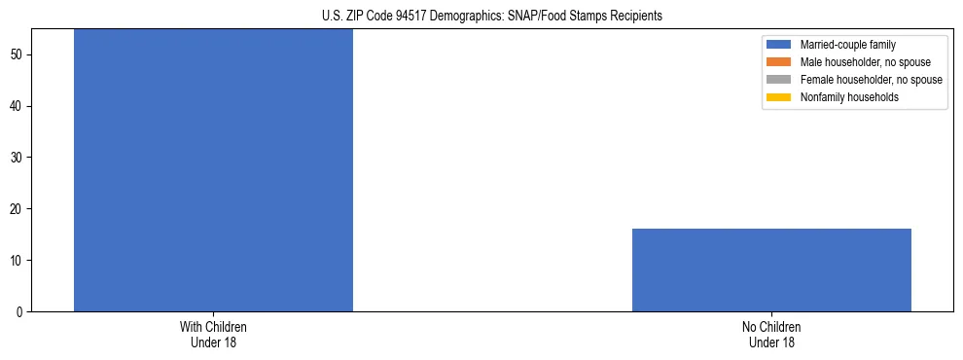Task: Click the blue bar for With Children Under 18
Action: tap(213, 170)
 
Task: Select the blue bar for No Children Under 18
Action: tap(771, 270)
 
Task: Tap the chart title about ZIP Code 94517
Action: tap(491, 16)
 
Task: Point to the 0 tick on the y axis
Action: tap(21, 312)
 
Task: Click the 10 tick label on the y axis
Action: tap(18, 261)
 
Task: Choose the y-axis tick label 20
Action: tap(18, 209)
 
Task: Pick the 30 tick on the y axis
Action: tap(18, 158)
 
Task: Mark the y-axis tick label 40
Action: tap(18, 106)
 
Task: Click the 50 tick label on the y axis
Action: tap(18, 54)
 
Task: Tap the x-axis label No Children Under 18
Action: tap(771, 334)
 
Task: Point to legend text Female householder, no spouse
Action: tap(871, 80)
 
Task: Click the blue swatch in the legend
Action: tap(779, 45)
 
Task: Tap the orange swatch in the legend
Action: tap(779, 62)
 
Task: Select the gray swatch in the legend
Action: tap(779, 80)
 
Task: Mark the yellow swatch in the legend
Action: tap(779, 97)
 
